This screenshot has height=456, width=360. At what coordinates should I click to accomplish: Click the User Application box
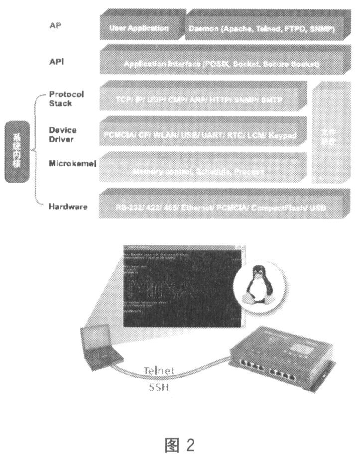coord(139,28)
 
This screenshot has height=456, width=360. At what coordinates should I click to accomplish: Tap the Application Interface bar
coord(221,64)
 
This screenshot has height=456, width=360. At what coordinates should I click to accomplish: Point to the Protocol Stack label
coord(66,99)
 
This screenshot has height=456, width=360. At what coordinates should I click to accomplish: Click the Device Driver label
coord(62,134)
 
